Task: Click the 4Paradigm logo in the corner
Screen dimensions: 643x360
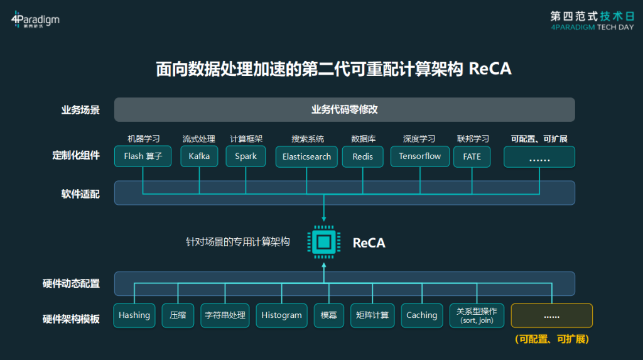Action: [35, 19]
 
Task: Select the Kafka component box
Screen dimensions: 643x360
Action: [199, 156]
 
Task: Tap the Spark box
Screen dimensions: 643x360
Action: [246, 156]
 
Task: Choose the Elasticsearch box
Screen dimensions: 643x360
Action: [306, 157]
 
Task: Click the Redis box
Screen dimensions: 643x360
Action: [362, 157]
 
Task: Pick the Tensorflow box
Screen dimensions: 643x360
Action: [419, 156]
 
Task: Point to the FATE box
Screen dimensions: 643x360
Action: [472, 157]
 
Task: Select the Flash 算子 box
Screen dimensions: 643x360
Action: [143, 156]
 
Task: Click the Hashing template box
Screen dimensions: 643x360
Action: [134, 315]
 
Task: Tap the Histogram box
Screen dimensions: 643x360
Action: [281, 315]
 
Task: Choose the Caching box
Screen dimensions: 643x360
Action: [421, 315]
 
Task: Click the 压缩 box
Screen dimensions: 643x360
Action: [178, 315]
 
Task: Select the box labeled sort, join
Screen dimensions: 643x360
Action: [477, 315]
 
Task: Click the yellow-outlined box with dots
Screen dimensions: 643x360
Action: [551, 315]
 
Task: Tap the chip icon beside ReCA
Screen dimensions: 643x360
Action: [324, 242]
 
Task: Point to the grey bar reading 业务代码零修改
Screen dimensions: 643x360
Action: [345, 109]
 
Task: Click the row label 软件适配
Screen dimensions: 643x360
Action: [80, 194]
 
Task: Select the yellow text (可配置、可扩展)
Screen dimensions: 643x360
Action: [551, 339]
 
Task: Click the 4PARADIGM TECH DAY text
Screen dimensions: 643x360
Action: [592, 28]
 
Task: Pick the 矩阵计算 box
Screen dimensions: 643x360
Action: [372, 315]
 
